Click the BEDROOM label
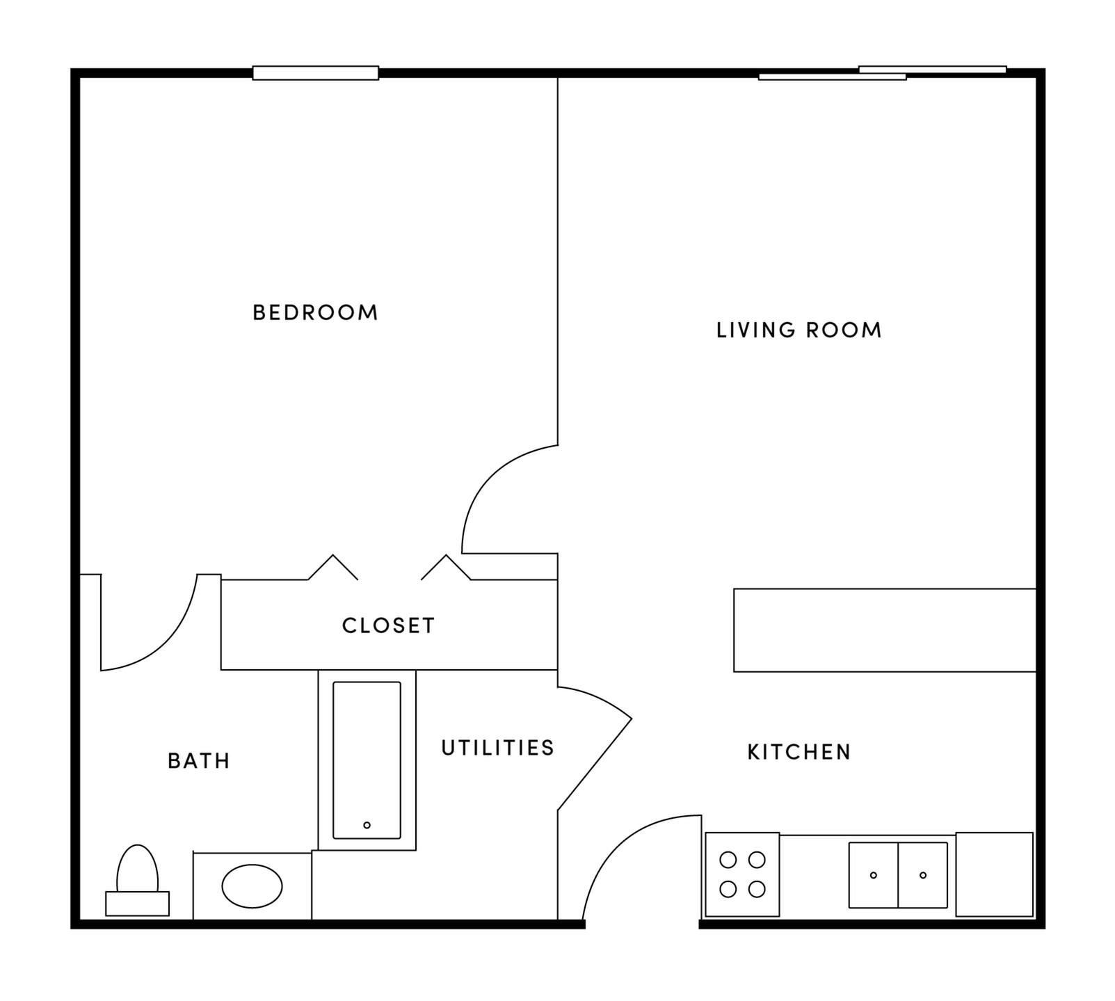(315, 312)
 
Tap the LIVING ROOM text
(799, 330)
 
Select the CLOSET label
(388, 625)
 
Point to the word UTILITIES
(498, 748)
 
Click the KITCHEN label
(799, 752)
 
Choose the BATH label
(199, 761)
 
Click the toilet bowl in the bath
(137, 870)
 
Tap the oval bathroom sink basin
(252, 886)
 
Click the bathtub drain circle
(367, 825)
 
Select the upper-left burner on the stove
(728, 860)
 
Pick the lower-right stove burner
(757, 889)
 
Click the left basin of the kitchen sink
(874, 875)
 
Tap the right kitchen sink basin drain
(923, 875)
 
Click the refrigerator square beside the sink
(994, 874)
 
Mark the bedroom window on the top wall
(315, 73)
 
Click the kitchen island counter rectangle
(885, 630)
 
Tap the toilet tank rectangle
(137, 904)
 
